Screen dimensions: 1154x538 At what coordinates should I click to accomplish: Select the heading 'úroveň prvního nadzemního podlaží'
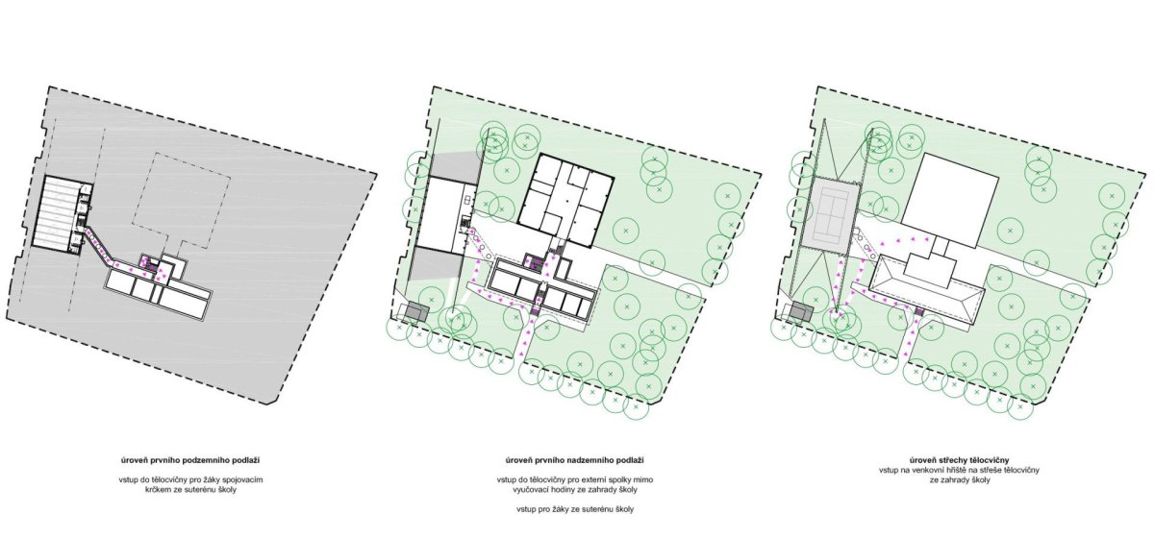pos(574,460)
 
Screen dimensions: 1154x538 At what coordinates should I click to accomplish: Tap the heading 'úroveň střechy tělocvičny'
pos(959,460)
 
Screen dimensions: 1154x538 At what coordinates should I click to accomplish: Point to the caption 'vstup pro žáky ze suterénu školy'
pos(574,509)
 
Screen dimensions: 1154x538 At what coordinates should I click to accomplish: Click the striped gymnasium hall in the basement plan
pos(56,212)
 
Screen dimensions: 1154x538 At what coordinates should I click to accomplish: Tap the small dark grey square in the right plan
pos(800,311)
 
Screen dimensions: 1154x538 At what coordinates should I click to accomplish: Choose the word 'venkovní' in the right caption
pos(933,470)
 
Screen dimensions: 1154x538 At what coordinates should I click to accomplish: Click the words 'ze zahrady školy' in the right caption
pos(959,479)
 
